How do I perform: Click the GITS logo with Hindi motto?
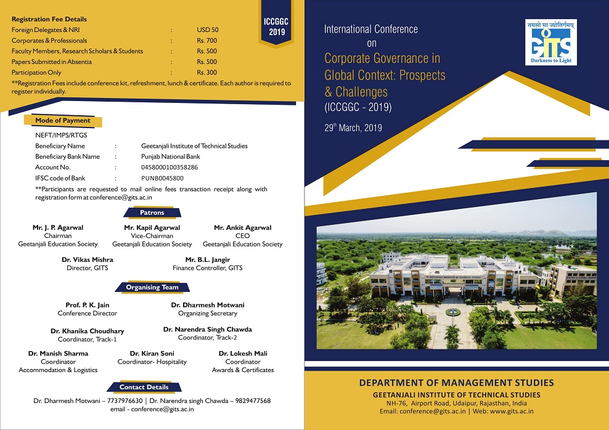pyautogui.click(x=550, y=43)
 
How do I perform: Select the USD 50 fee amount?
pyautogui.click(x=207, y=30)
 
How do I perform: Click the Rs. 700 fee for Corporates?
pyautogui.click(x=206, y=41)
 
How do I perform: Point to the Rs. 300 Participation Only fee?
pyautogui.click(x=206, y=72)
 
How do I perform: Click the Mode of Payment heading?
pyautogui.click(x=63, y=121)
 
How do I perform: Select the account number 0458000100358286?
pyautogui.click(x=170, y=168)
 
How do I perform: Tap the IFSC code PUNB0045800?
pyautogui.click(x=162, y=178)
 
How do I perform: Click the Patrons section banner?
pyautogui.click(x=152, y=213)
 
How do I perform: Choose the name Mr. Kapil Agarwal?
pyautogui.click(x=152, y=227)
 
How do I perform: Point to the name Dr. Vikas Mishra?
pyautogui.click(x=88, y=259)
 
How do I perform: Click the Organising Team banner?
pyautogui.click(x=152, y=287)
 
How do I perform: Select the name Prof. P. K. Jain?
pyautogui.click(x=88, y=305)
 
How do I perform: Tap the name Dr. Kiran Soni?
pyautogui.click(x=152, y=353)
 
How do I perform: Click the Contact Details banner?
pyautogui.click(x=144, y=387)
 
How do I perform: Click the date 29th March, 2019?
pyautogui.click(x=353, y=128)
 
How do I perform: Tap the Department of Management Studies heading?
pyautogui.click(x=456, y=383)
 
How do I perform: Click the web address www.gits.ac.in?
pyautogui.click(x=512, y=412)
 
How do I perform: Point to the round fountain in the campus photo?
pyautogui.click(x=453, y=311)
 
